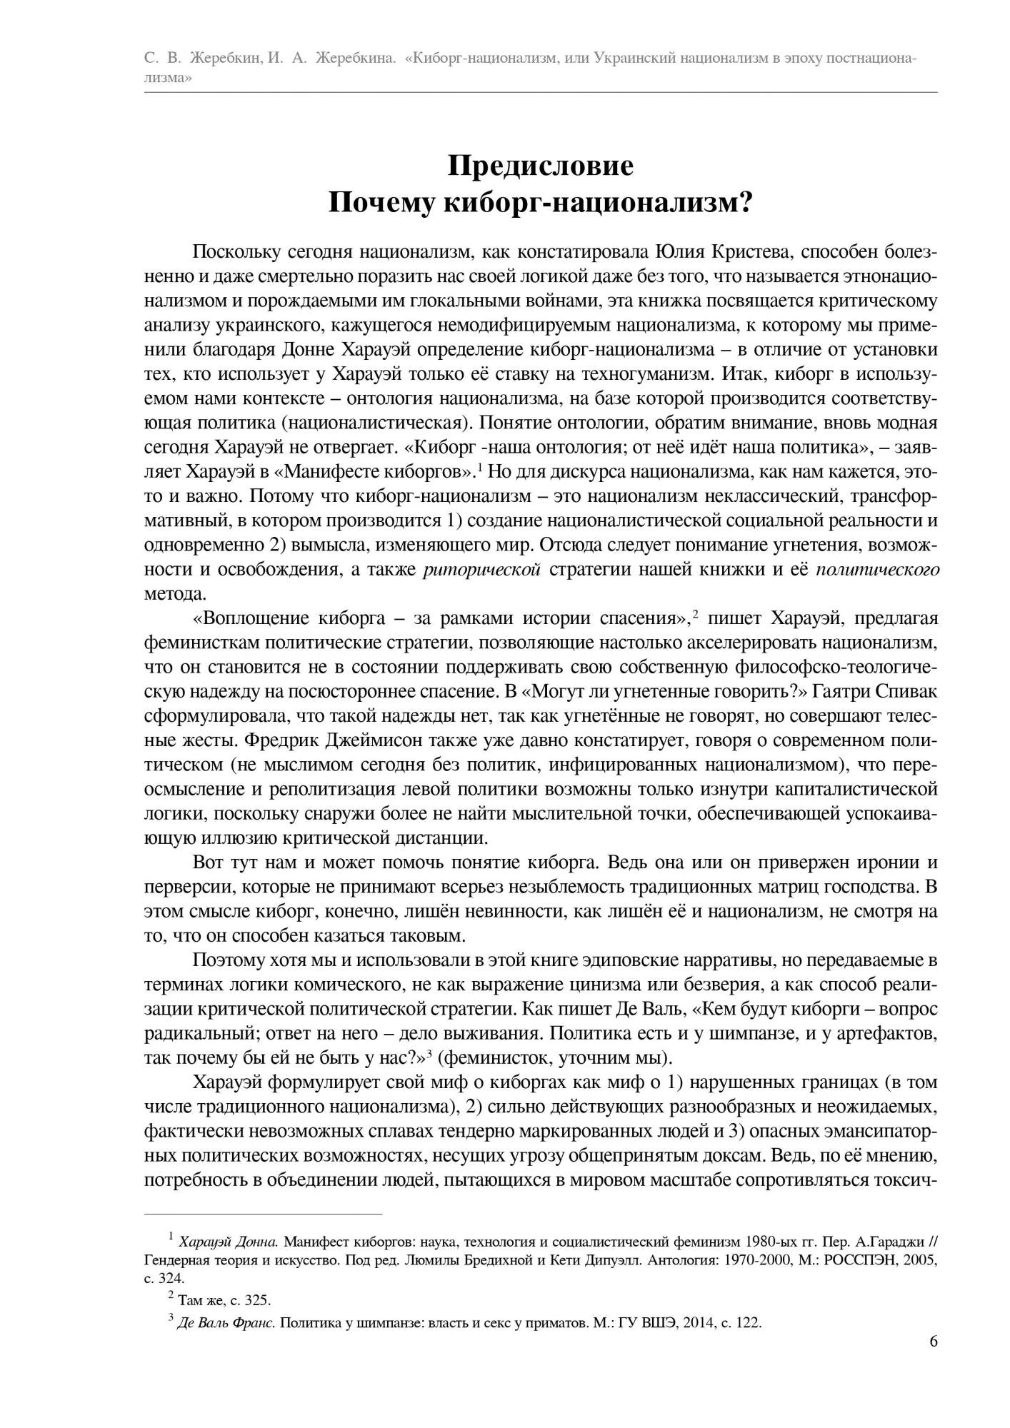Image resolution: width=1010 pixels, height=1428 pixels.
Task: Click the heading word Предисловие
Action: (x=541, y=166)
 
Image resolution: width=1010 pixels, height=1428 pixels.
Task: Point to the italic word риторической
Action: (x=481, y=568)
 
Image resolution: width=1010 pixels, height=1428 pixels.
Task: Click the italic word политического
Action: (x=877, y=568)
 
